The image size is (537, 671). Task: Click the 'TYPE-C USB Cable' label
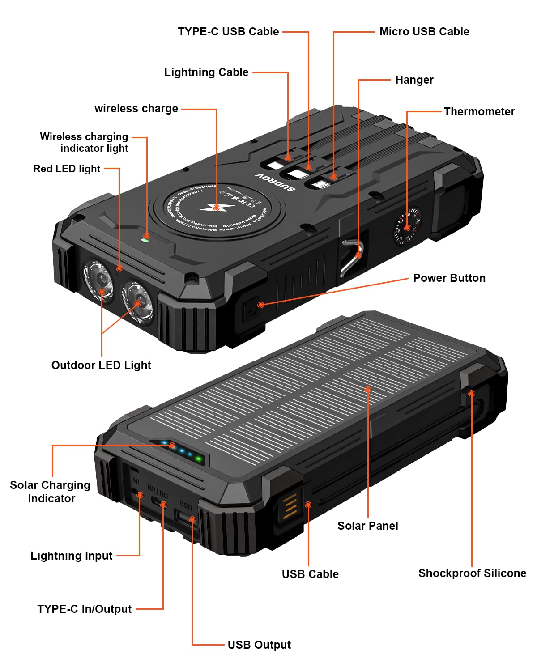[228, 32]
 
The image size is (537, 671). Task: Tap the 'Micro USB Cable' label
[424, 32]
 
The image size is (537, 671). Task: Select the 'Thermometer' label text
[479, 112]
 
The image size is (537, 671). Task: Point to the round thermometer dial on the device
[407, 226]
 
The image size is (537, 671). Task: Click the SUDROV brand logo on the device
[275, 182]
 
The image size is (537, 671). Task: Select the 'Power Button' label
[449, 278]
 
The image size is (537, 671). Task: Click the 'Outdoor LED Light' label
[101, 365]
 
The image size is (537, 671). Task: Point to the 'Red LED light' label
[67, 169]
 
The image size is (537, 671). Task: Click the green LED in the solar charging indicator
[199, 459]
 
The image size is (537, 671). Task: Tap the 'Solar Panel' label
[367, 526]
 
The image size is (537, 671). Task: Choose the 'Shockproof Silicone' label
[472, 573]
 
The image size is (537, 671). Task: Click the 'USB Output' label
[259, 645]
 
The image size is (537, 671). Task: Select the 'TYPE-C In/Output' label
[84, 609]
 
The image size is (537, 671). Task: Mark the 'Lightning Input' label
[71, 556]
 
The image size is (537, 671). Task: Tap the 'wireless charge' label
[136, 109]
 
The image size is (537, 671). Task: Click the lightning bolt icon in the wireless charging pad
[217, 207]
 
